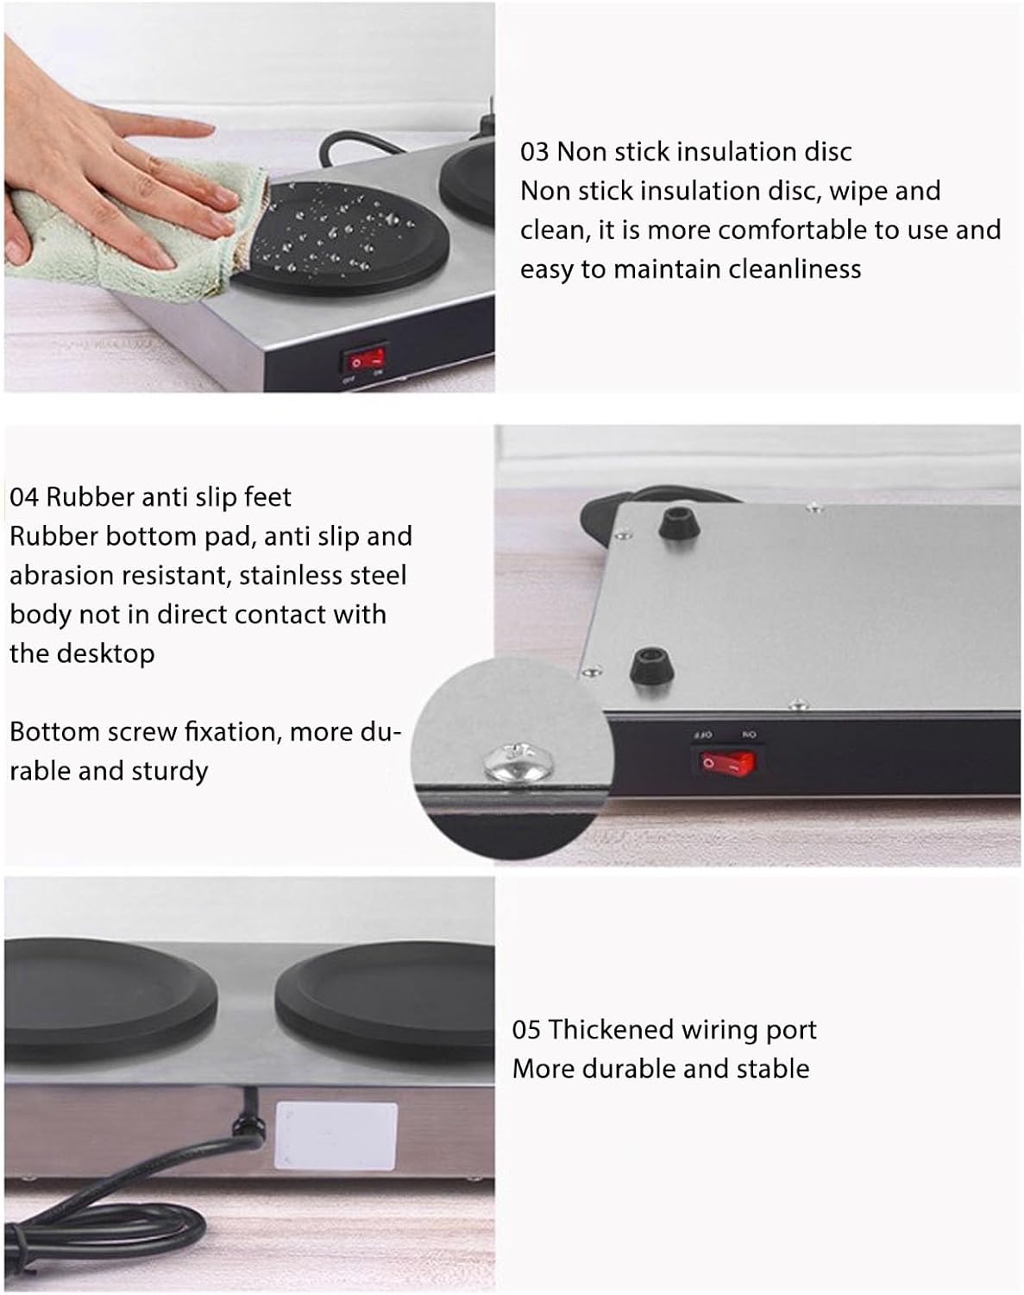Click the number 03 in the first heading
coord(534,152)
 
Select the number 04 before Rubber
coord(24,497)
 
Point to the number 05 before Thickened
coord(526,1030)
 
